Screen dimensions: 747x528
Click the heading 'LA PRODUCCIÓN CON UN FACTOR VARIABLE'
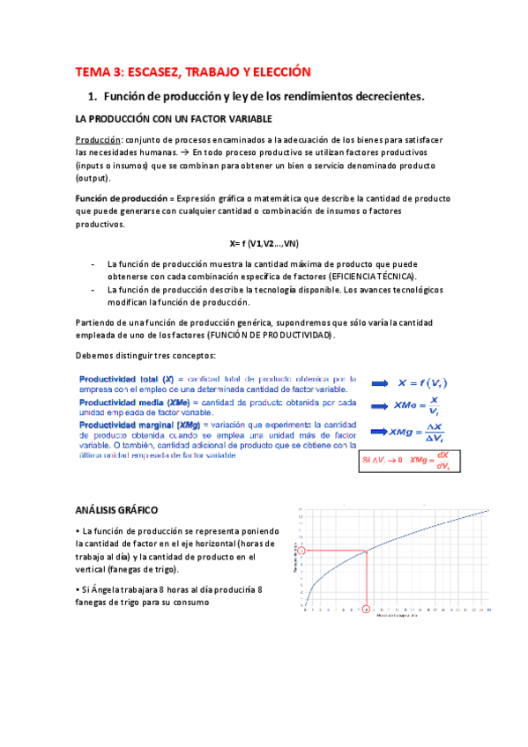click(173, 118)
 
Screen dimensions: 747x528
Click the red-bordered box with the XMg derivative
click(411, 460)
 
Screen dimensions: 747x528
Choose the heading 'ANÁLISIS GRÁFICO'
click(116, 510)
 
